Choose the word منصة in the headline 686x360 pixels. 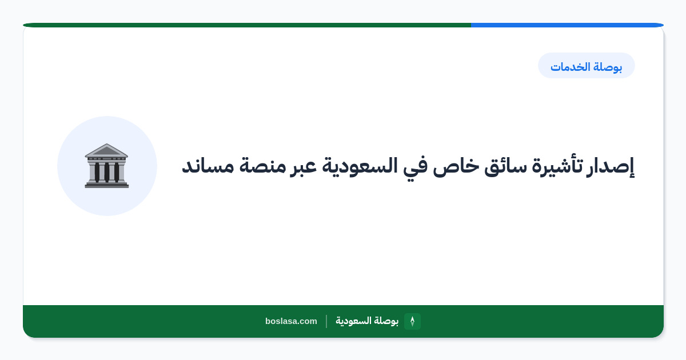(262, 166)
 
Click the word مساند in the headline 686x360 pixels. (208, 166)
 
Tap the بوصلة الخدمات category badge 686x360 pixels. (586, 66)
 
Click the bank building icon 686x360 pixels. (106, 166)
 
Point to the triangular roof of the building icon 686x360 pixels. (106, 150)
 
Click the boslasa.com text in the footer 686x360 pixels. (291, 321)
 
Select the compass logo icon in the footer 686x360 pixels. (412, 321)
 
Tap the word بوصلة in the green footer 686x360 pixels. (386, 321)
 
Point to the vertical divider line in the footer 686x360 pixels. (326, 321)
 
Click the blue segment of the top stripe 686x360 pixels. (567, 25)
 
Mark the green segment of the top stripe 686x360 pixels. (247, 25)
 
